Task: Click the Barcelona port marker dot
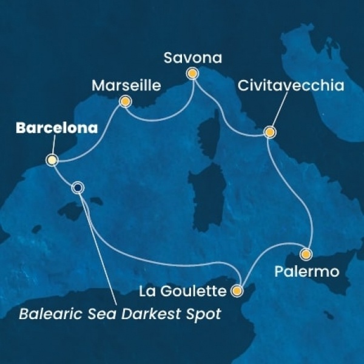[x=52, y=161]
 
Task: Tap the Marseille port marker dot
[x=125, y=102]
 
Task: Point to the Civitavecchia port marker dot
[x=269, y=132]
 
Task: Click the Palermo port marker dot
[x=306, y=255]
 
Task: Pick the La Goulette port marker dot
[x=237, y=291]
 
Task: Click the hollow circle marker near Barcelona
[x=78, y=187]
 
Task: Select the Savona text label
[x=193, y=58]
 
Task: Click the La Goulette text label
[x=186, y=292]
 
